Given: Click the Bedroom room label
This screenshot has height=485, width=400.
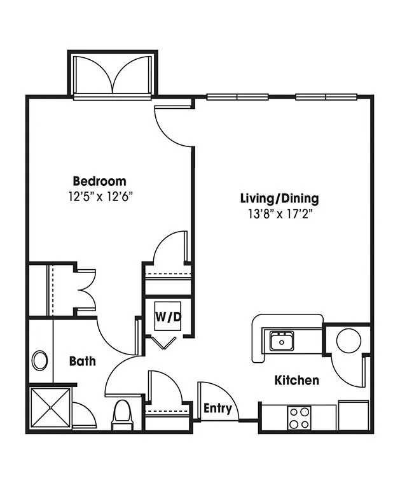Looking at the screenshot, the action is click(100, 181).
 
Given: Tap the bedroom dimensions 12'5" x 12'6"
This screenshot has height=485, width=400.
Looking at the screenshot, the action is click(100, 197).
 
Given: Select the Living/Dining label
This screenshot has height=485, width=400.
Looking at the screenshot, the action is click(279, 199).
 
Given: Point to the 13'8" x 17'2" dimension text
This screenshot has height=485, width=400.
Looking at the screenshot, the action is click(279, 214).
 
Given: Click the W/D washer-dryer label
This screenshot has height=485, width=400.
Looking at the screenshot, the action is click(168, 317).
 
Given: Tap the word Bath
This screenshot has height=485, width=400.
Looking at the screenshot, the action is click(82, 361).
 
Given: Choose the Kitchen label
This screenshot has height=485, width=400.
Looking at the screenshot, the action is click(297, 380).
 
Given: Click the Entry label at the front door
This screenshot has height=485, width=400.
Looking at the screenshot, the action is click(217, 409).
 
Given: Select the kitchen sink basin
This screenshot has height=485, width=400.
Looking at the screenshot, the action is click(282, 341).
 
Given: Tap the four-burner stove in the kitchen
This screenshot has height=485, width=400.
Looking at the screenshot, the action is click(299, 418).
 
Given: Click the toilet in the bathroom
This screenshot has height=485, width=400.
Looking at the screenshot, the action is click(122, 415).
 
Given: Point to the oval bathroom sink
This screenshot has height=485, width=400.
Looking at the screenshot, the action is click(40, 360).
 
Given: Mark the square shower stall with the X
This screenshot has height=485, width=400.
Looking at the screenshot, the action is click(50, 408).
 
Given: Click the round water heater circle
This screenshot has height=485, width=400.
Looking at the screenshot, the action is click(348, 341).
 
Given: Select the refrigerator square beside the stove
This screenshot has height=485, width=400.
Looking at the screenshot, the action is click(354, 416).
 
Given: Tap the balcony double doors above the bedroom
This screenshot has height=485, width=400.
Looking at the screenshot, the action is click(113, 74).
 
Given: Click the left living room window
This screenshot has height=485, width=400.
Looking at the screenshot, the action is click(237, 97).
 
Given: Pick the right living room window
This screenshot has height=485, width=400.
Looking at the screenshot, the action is click(326, 97).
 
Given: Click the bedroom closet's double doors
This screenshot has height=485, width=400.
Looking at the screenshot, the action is click(86, 290).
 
